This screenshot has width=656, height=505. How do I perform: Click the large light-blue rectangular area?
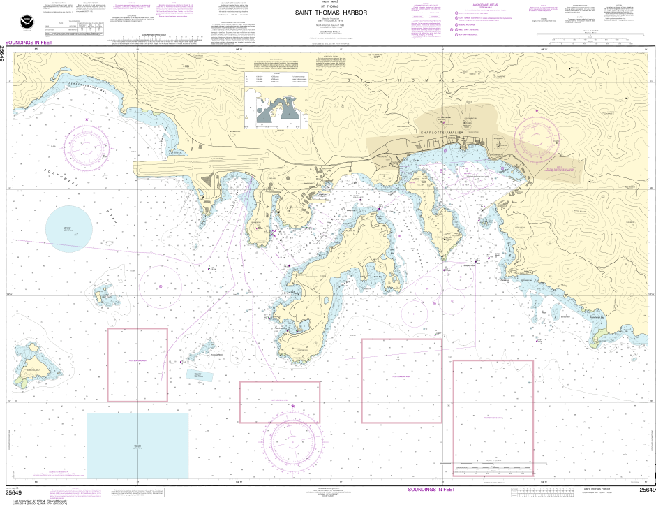137,445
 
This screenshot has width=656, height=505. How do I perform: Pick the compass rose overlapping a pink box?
294,438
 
